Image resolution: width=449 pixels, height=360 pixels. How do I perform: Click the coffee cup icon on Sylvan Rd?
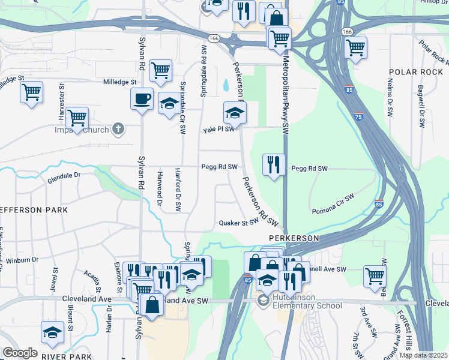[142, 98]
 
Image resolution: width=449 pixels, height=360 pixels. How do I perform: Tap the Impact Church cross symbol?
[118, 129]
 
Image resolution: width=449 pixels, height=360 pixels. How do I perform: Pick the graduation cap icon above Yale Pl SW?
[235, 112]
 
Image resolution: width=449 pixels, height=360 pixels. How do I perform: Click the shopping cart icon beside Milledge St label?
[160, 71]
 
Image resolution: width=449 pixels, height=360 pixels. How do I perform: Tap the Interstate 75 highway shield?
[358, 115]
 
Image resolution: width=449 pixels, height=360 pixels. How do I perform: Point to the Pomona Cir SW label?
[333, 203]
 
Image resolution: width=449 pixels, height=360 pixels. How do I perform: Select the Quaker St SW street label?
[238, 221]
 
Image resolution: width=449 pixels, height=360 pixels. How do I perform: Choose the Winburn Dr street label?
[22, 259]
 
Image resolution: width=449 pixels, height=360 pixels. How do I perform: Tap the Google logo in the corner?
[20, 353]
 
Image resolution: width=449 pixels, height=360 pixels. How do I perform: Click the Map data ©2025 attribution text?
[423, 355]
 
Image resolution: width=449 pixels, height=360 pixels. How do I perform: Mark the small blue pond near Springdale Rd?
[225, 85]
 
